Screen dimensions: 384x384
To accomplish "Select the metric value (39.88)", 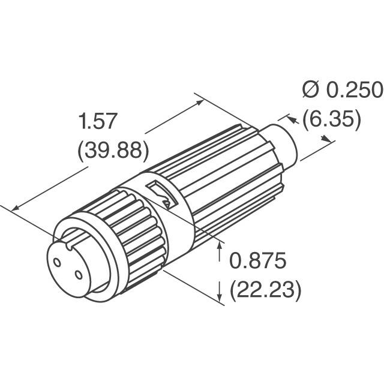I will pos(113,150).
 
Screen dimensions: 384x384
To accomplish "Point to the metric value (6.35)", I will pos(332,120).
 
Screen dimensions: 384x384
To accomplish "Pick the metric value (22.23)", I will pos(265,291).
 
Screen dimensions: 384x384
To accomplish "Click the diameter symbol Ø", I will pos(311,90).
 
